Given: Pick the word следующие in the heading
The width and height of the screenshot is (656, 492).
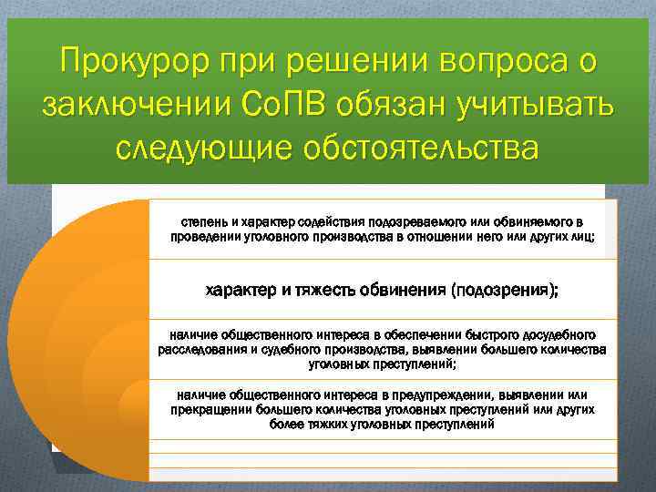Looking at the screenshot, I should point(208,148).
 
